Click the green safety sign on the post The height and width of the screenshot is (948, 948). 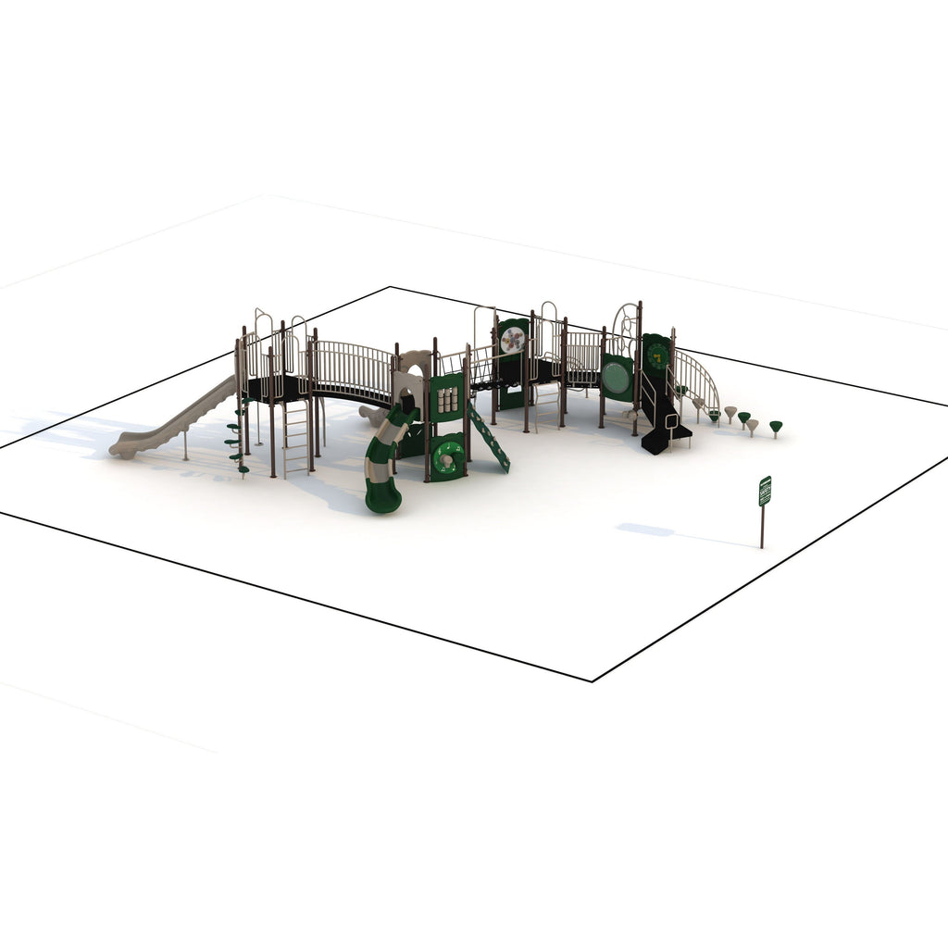[x=765, y=491]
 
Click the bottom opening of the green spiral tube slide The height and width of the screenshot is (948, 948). [x=382, y=504]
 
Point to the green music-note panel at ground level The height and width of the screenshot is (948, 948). [x=448, y=458]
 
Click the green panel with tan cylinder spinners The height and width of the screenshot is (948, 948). [x=447, y=399]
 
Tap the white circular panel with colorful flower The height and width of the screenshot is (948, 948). [x=512, y=340]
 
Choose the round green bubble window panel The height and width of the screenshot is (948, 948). [x=616, y=378]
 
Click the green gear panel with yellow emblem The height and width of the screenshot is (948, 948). [x=657, y=355]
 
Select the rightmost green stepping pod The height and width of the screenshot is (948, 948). [x=776, y=427]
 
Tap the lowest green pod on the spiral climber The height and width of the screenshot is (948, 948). [x=243, y=468]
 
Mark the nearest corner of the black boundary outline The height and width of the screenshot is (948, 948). [x=592, y=681]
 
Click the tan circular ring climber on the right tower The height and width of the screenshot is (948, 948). [x=627, y=323]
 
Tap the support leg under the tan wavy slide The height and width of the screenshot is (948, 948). [x=185, y=444]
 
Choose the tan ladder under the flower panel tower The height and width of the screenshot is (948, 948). [x=546, y=404]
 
